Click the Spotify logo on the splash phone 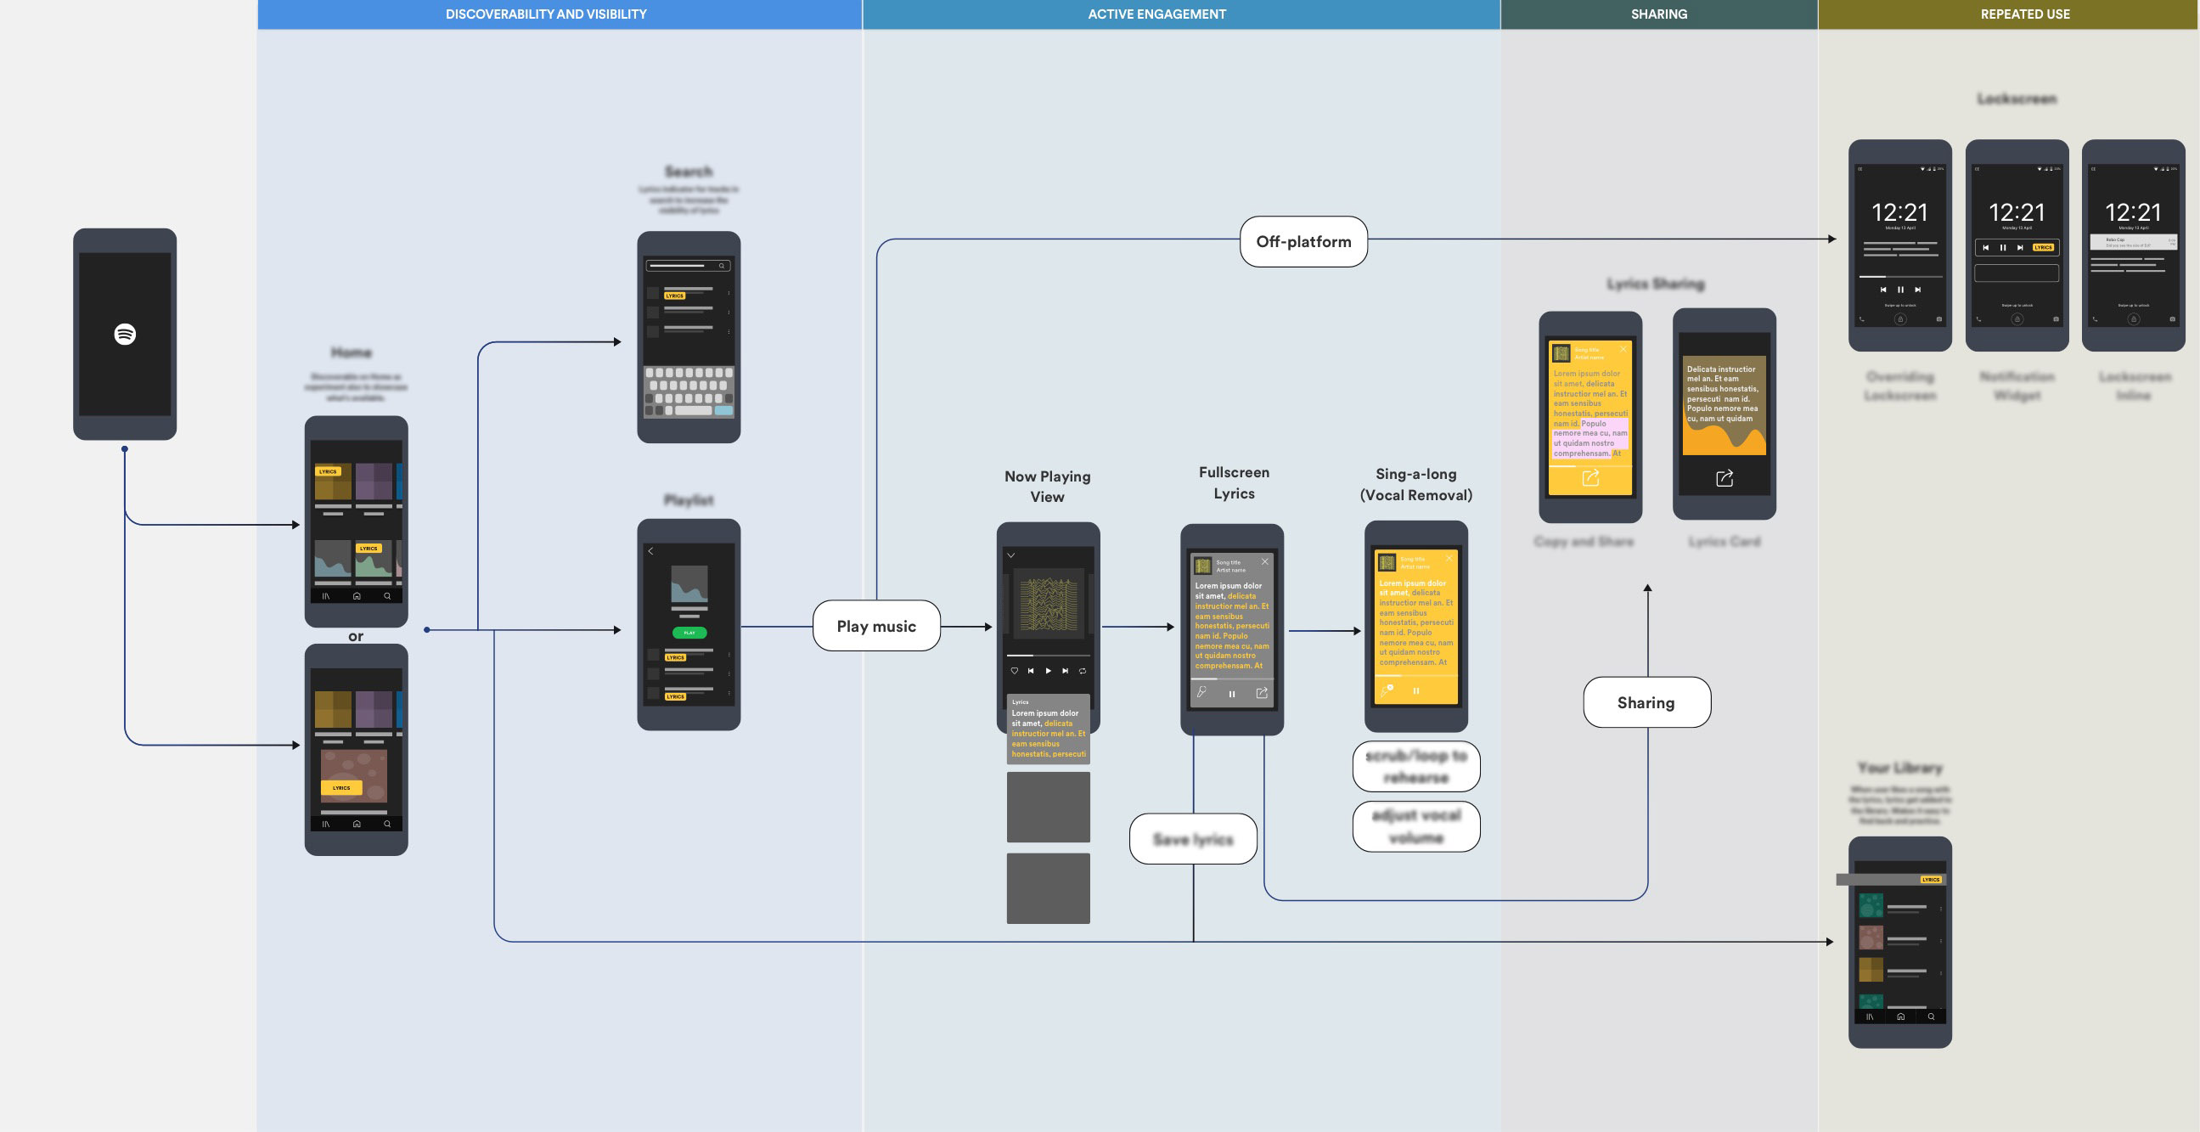click(x=125, y=334)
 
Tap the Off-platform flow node click(x=1303, y=242)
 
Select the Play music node click(x=876, y=626)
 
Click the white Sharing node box click(x=1646, y=702)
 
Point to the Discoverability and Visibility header click(x=546, y=14)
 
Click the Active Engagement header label click(x=1156, y=14)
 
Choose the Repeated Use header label click(x=2025, y=14)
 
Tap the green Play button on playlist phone click(x=689, y=633)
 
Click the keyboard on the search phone click(x=689, y=392)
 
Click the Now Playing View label click(x=1047, y=486)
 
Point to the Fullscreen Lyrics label click(x=1234, y=482)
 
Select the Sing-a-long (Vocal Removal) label click(x=1416, y=484)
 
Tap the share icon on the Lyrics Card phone click(x=1725, y=478)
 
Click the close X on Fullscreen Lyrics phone click(x=1265, y=562)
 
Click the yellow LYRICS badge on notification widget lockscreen click(x=2043, y=248)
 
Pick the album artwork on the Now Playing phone click(x=1048, y=604)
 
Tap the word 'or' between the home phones click(x=355, y=636)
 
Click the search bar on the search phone click(x=688, y=266)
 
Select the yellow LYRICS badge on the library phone click(x=1930, y=879)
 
